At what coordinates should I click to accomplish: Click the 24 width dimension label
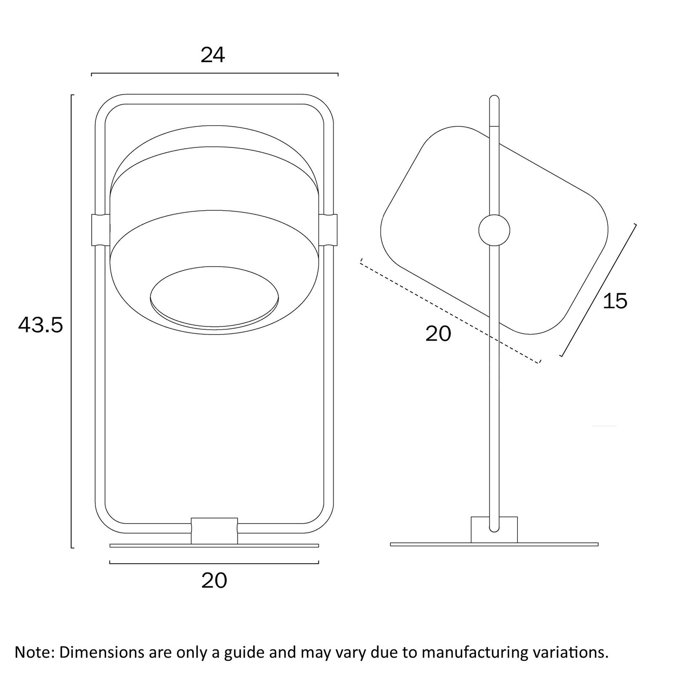point(213,55)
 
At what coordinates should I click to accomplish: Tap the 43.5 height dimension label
point(40,325)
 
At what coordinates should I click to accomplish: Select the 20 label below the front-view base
point(214,580)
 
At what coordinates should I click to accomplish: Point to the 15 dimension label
point(615,301)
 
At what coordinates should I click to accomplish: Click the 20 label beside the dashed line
point(438,334)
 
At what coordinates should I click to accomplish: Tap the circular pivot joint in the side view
point(494,231)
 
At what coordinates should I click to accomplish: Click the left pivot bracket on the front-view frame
point(101,230)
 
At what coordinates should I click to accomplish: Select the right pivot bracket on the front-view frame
point(328,230)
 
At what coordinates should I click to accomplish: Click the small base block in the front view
point(214,531)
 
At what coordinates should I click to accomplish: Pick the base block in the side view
point(494,530)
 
